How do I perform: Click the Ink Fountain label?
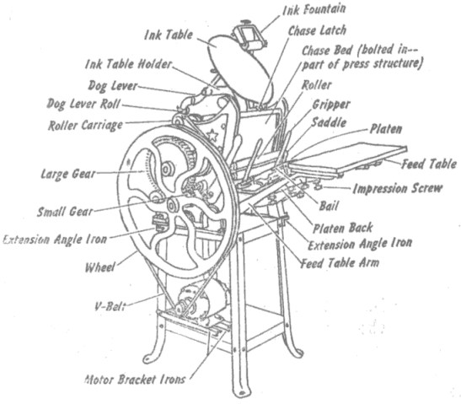[314, 10]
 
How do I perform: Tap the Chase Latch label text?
[317, 30]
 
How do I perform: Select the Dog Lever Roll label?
[83, 104]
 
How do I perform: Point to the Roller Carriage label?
[85, 126]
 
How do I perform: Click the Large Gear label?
[68, 174]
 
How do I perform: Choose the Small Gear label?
[65, 212]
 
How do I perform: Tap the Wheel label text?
[99, 267]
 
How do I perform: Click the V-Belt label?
[110, 306]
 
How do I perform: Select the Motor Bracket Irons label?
[135, 379]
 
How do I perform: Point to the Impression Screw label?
[397, 188]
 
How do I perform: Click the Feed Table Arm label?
[340, 263]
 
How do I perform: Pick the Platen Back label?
[342, 228]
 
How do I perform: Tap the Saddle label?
[329, 122]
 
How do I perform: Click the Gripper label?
[331, 105]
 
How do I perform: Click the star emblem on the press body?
[212, 135]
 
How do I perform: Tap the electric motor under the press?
[203, 302]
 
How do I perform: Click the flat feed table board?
[347, 159]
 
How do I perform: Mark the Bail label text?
[329, 206]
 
